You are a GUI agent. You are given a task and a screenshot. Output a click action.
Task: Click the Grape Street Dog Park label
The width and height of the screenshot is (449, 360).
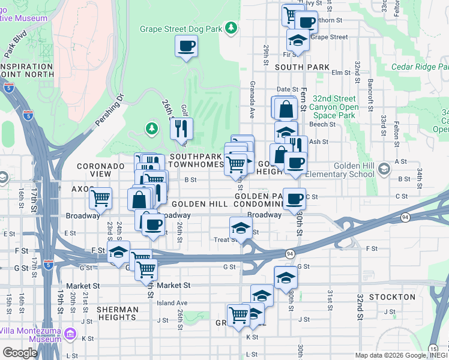click(181, 28)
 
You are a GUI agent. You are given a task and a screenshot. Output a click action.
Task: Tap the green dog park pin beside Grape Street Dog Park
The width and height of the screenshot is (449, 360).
click(231, 28)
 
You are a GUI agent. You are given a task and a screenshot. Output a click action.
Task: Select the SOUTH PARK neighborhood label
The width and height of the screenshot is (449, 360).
click(303, 67)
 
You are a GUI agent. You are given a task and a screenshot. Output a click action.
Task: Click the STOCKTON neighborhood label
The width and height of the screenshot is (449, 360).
click(392, 297)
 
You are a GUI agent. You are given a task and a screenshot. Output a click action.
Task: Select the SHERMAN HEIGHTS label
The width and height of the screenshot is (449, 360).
click(116, 313)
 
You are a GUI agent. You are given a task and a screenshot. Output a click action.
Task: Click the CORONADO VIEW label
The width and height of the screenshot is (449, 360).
click(94, 169)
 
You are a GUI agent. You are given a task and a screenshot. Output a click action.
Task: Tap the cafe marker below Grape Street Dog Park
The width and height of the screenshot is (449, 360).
click(186, 46)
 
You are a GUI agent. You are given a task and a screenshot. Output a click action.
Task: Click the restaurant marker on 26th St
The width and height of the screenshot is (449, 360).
click(181, 127)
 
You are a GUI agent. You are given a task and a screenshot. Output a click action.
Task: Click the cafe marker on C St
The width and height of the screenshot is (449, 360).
click(294, 199)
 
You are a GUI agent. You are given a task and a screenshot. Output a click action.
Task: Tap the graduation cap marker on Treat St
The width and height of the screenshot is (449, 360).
click(241, 228)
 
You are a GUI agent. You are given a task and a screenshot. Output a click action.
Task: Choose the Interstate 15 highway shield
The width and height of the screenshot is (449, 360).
click(433, 348)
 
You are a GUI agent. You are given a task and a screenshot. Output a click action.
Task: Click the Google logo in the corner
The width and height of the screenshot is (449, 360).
click(20, 353)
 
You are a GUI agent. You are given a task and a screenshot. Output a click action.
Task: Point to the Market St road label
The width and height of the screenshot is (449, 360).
click(173, 286)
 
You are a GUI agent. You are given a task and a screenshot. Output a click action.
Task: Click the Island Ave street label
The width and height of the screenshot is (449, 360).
click(173, 303)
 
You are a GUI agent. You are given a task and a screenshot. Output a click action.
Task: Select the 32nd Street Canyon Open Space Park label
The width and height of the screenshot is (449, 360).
click(334, 107)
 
